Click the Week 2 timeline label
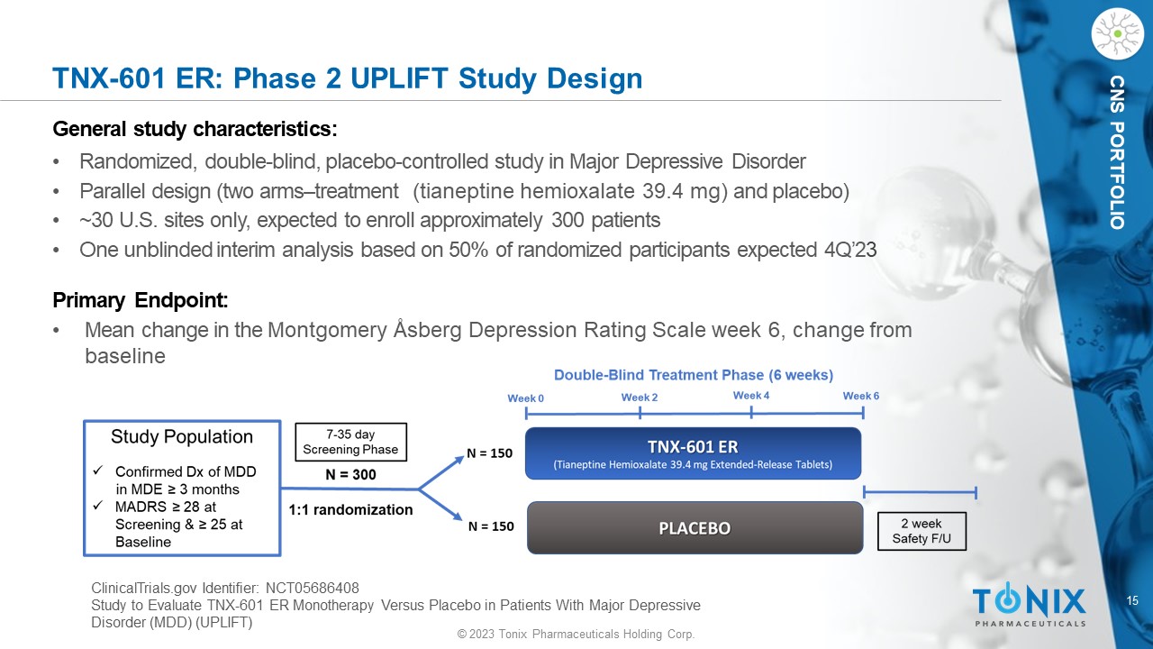pyautogui.click(x=640, y=398)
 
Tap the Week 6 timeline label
pyautogui.click(x=860, y=396)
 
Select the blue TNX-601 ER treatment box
pyautogui.click(x=693, y=453)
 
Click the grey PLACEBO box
pyautogui.click(x=695, y=528)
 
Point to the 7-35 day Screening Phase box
pyautogui.click(x=350, y=442)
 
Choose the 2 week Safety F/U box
pyautogui.click(x=921, y=531)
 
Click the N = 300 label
pyautogui.click(x=350, y=474)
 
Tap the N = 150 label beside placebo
pyautogui.click(x=491, y=526)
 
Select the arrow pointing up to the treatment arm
pyautogui.click(x=441, y=472)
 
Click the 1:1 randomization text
pyautogui.click(x=350, y=509)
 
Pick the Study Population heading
pyautogui.click(x=182, y=437)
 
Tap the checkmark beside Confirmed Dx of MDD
pyautogui.click(x=98, y=471)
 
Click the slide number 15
pyautogui.click(x=1132, y=600)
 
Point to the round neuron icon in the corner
pyautogui.click(x=1118, y=34)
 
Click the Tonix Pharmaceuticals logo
pyautogui.click(x=1029, y=605)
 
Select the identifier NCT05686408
pyautogui.click(x=313, y=588)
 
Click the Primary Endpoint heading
pyautogui.click(x=140, y=300)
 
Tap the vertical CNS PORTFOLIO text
pyautogui.click(x=1117, y=152)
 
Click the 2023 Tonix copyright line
pyautogui.click(x=576, y=634)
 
